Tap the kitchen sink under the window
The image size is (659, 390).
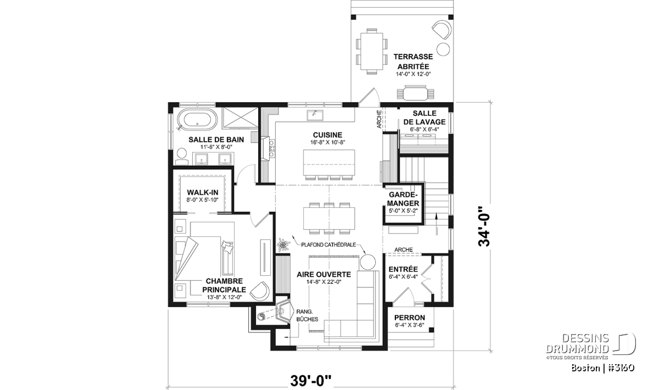pyautogui.click(x=315, y=115)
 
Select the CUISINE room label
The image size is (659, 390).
pyautogui.click(x=327, y=135)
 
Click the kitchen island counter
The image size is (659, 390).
pyautogui.click(x=329, y=162)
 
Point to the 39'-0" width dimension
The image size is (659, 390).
pyautogui.click(x=311, y=381)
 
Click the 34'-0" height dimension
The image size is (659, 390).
pyautogui.click(x=484, y=227)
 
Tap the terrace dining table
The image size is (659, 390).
pyautogui.click(x=372, y=51)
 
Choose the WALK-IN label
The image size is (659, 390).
pyautogui.click(x=203, y=193)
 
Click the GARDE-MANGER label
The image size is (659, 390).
pyautogui.click(x=403, y=199)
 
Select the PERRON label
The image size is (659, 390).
pyautogui.click(x=410, y=318)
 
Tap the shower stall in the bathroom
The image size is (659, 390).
pyautogui.click(x=240, y=117)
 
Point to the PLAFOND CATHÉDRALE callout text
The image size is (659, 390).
pyautogui.click(x=328, y=245)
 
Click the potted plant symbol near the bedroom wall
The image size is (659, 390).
pyautogui.click(x=283, y=245)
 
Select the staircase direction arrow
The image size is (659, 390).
pyautogui.click(x=436, y=224)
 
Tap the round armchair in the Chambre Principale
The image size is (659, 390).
pyautogui.click(x=260, y=291)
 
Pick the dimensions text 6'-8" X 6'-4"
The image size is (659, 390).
pyautogui.click(x=424, y=129)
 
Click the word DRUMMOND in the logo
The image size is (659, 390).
pyautogui.click(x=577, y=349)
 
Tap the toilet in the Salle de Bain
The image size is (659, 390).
pyautogui.click(x=182, y=157)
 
